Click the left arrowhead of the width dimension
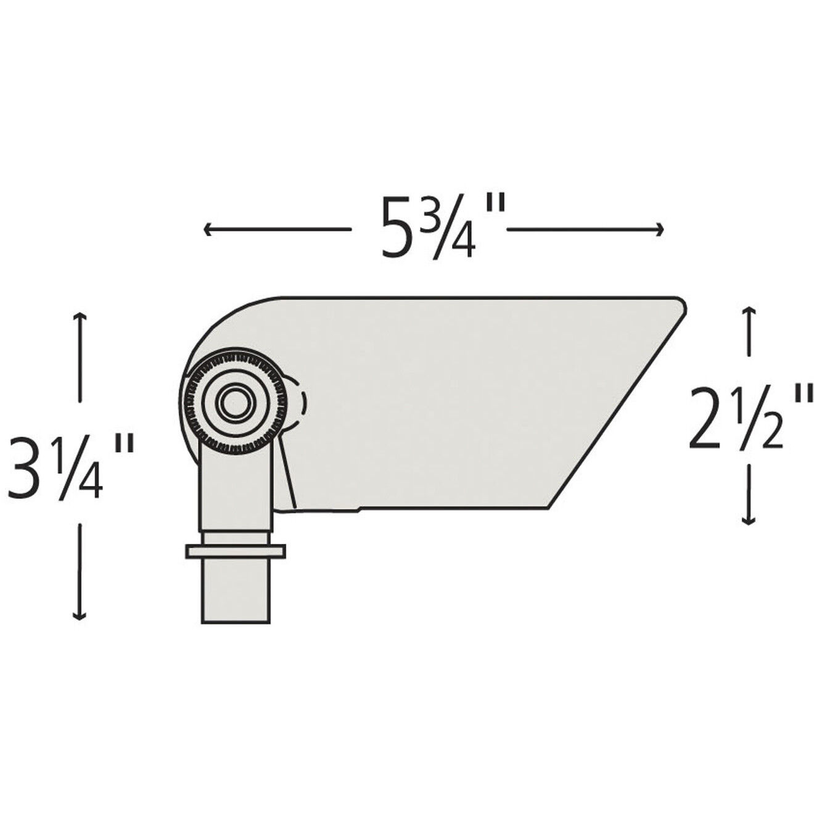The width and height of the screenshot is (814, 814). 208,230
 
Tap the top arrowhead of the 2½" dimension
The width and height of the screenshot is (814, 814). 749,310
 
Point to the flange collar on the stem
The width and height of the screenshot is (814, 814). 235,551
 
